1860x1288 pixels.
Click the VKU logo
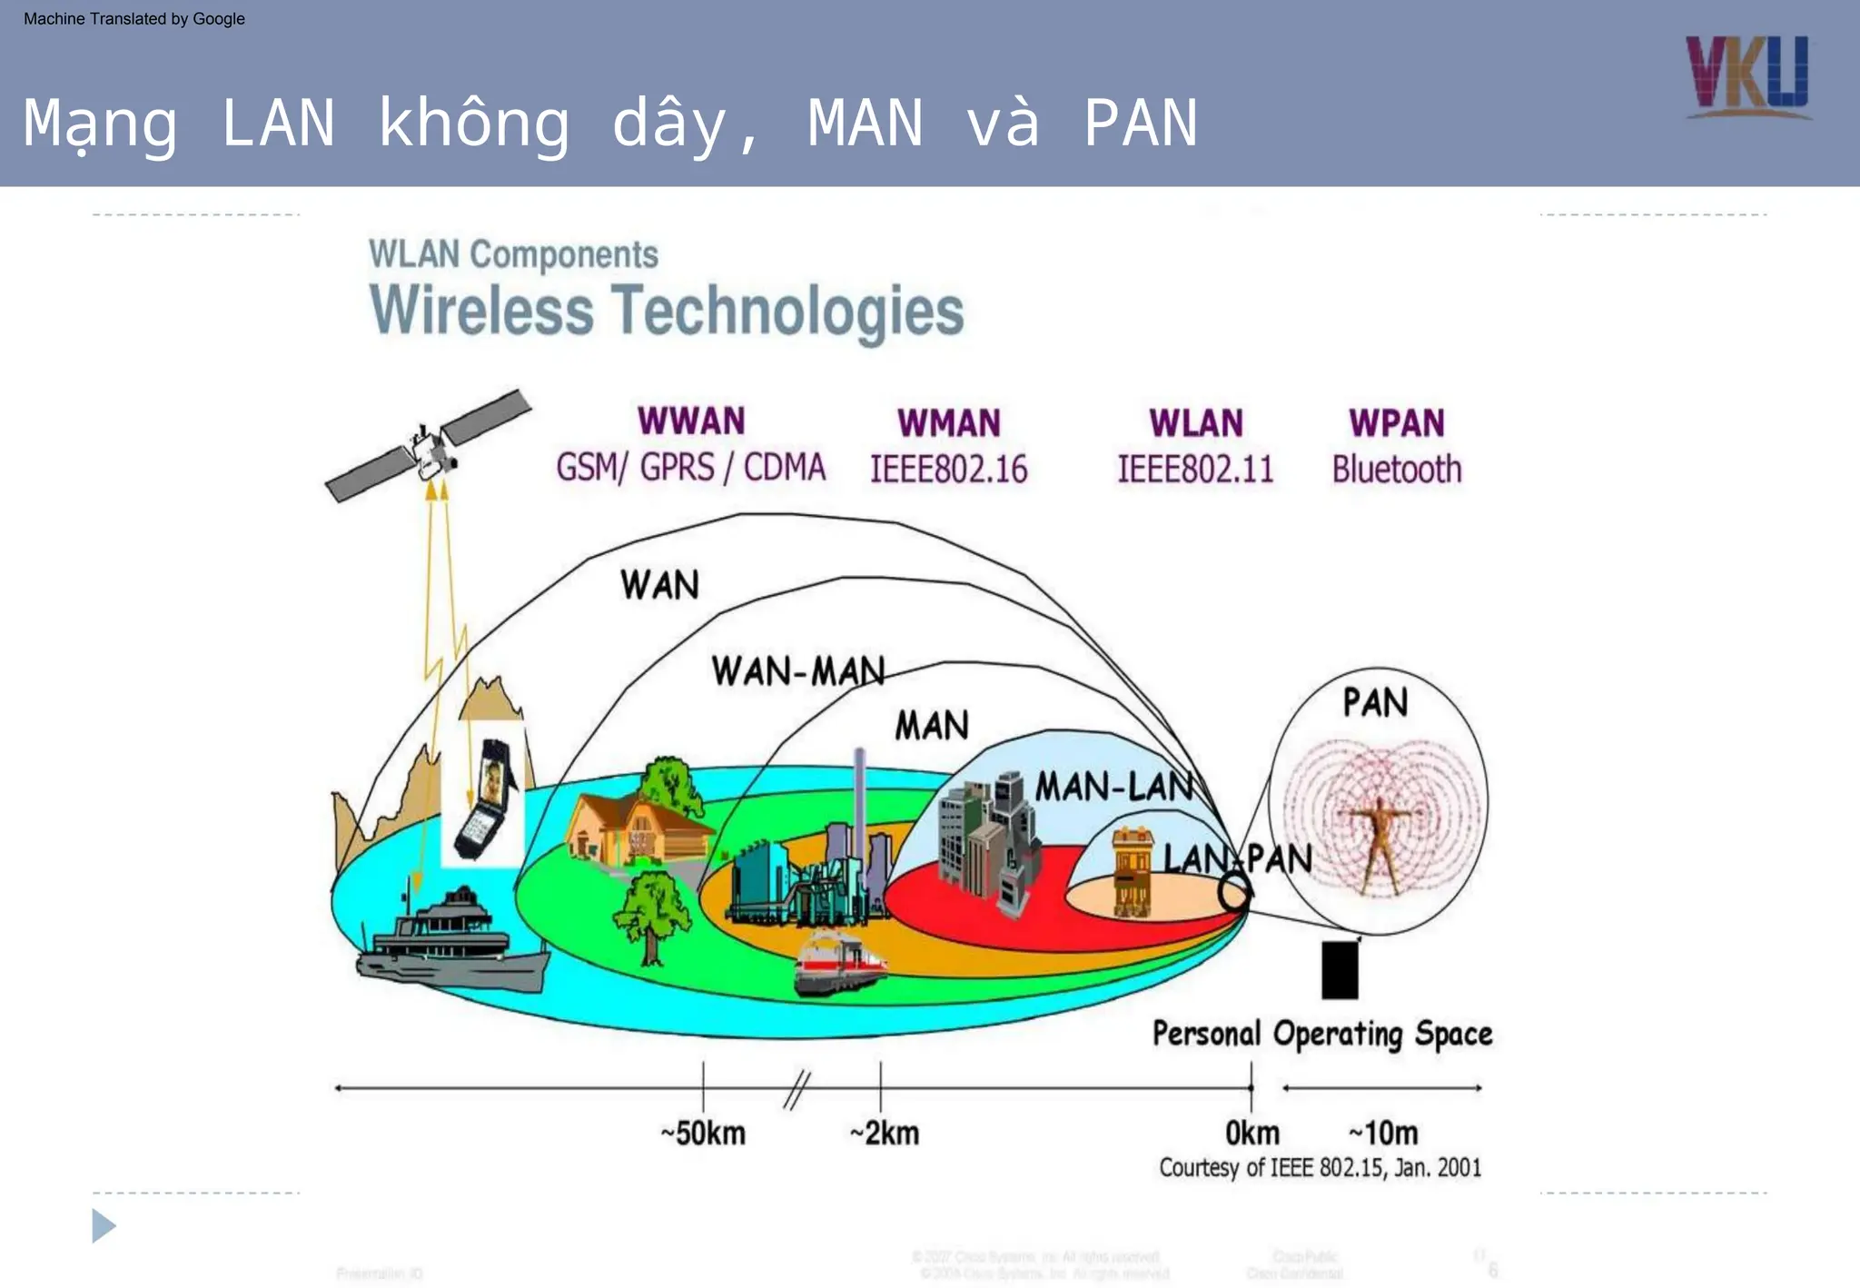click(x=1747, y=76)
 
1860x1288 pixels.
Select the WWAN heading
click(x=691, y=421)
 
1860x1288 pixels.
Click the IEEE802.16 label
click(x=948, y=470)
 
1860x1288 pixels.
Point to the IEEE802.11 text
click(x=1195, y=470)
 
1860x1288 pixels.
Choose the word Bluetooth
click(x=1397, y=470)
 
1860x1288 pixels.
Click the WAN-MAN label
click(x=797, y=672)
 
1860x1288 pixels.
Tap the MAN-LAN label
click(x=1115, y=787)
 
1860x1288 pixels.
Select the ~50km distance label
click(x=703, y=1134)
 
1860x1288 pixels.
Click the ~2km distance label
click(x=885, y=1134)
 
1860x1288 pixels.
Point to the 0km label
click(x=1252, y=1134)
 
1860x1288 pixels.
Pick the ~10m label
click(x=1383, y=1134)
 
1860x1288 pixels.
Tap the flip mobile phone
click(x=487, y=799)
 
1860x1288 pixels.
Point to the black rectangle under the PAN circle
click(x=1340, y=970)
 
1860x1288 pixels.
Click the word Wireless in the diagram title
click(x=481, y=311)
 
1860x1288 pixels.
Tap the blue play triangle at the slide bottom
click(x=104, y=1226)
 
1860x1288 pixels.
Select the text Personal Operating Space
click(x=1322, y=1035)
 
